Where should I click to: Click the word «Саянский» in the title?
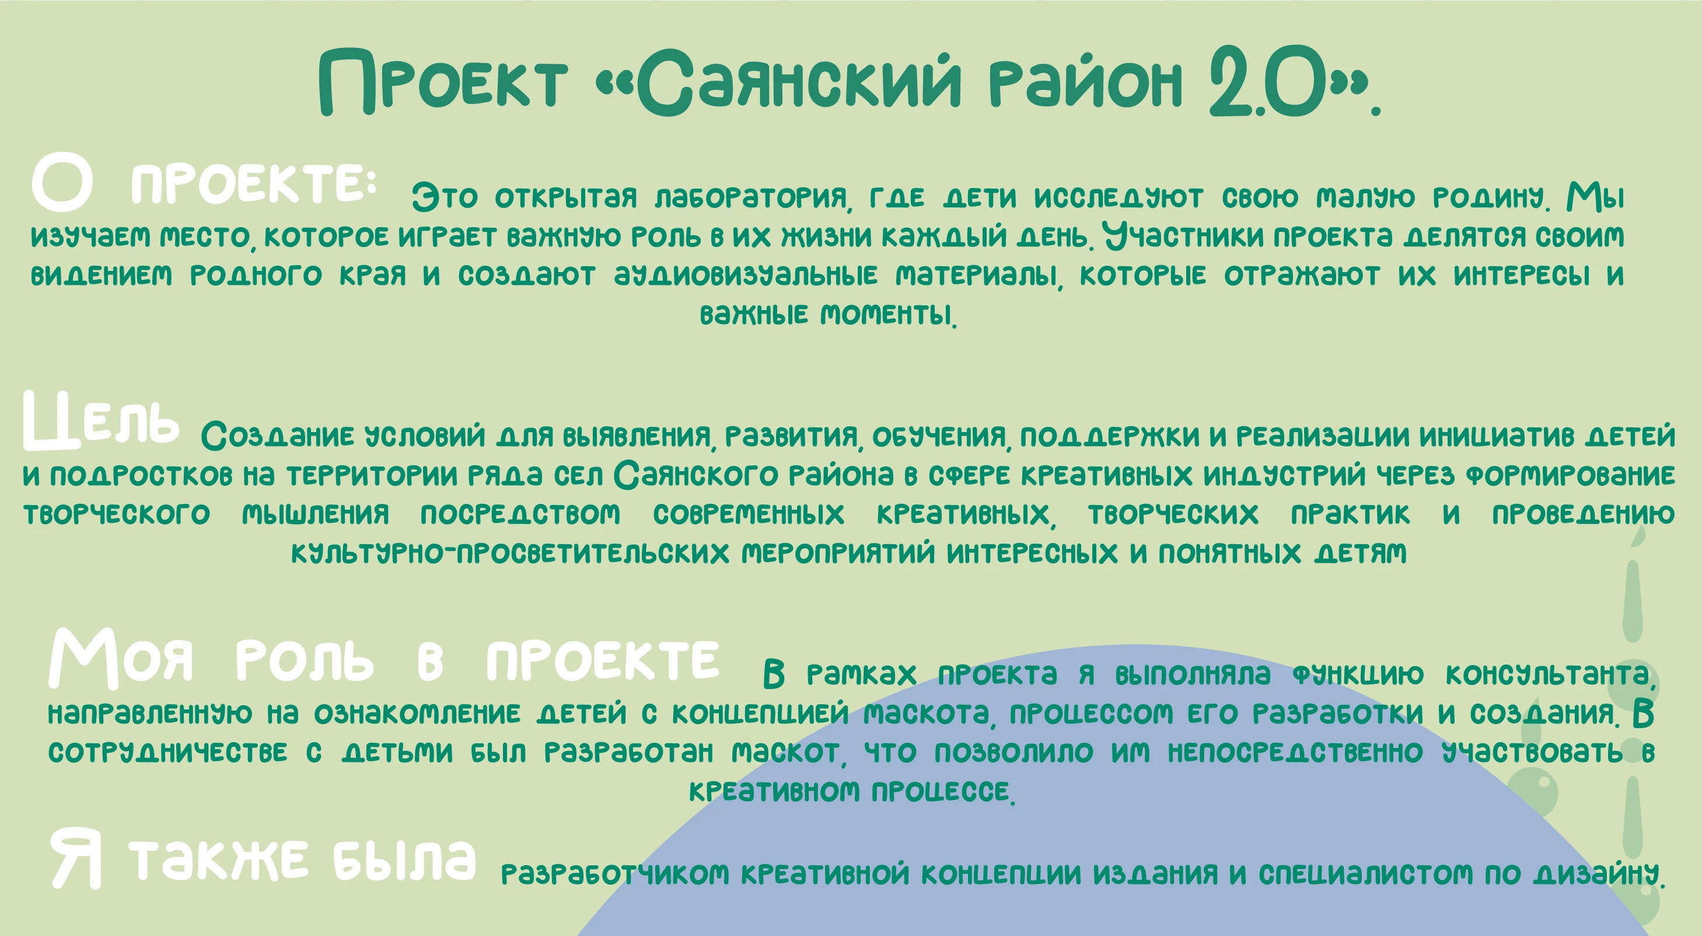tap(798, 83)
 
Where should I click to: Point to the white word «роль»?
tap(305, 661)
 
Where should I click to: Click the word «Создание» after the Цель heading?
tap(278, 436)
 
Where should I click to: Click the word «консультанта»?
tap(1549, 675)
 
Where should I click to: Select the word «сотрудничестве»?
tap(168, 753)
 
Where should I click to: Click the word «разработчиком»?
tap(614, 875)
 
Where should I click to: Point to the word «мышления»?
tap(316, 514)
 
